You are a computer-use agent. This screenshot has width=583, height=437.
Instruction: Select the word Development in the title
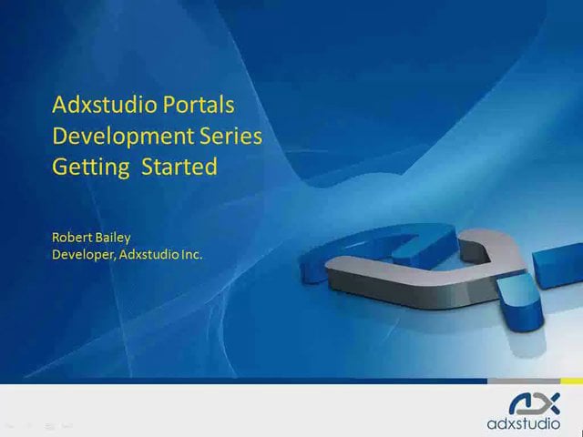coord(109,136)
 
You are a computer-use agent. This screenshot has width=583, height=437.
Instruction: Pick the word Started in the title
coord(179,168)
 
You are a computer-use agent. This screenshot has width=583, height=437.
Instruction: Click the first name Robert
coord(73,238)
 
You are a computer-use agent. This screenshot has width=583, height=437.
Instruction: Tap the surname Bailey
coord(113,238)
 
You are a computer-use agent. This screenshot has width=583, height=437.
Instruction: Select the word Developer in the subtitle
coord(82,255)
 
